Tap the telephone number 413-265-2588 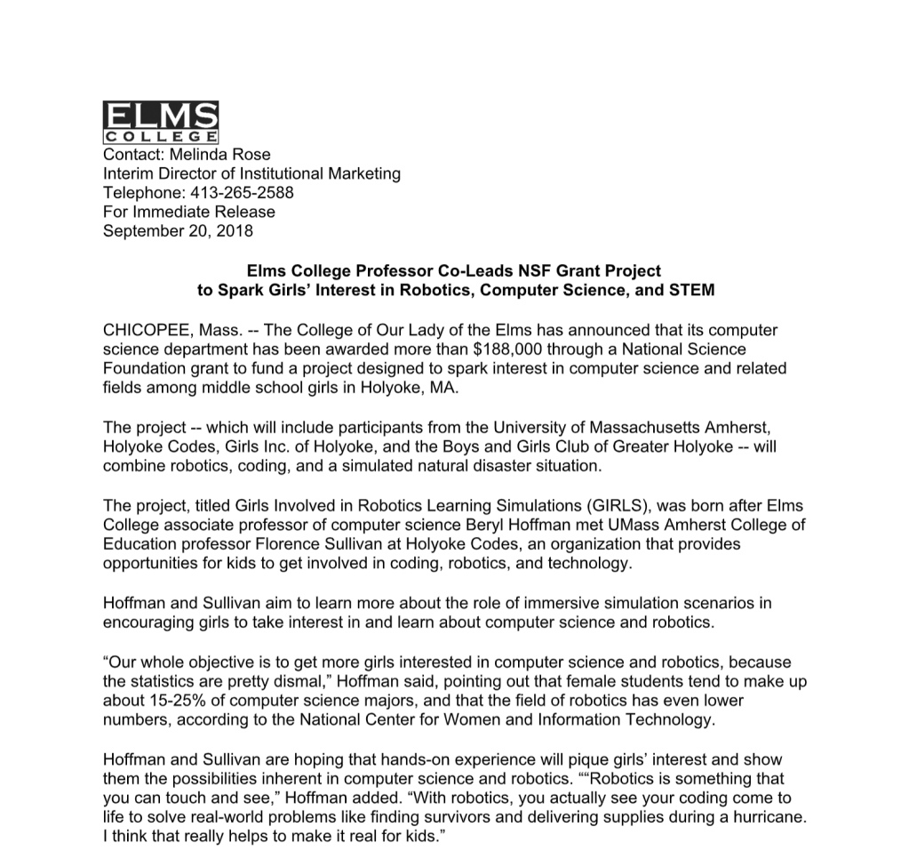237,193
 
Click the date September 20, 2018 178,231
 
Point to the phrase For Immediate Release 189,212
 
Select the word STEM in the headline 694,290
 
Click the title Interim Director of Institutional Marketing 251,174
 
